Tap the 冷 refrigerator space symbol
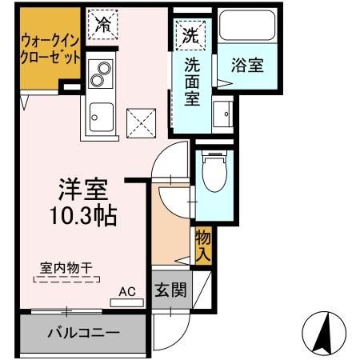click(104, 24)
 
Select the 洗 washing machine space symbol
click(190, 34)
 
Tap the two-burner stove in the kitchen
click(99, 75)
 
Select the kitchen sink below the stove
click(100, 117)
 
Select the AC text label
click(126, 292)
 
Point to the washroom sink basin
click(221, 115)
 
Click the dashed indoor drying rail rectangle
click(67, 279)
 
